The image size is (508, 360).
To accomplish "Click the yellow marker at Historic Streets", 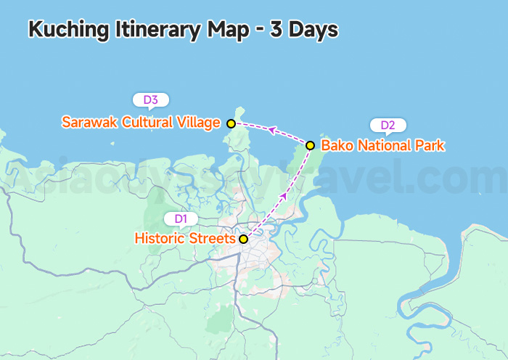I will (244, 239).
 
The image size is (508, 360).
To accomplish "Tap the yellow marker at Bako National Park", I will (310, 145).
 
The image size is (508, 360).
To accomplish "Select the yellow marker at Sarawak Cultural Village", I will (231, 124).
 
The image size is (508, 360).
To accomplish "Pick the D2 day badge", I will (388, 126).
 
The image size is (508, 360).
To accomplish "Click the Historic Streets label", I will (185, 238).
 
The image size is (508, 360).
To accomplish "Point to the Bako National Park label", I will (382, 145).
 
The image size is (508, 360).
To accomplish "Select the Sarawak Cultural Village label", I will (141, 123).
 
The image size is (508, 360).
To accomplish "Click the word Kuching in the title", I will (69, 30).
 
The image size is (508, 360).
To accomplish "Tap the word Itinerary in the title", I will (159, 30).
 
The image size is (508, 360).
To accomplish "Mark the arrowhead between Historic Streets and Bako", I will (283, 196).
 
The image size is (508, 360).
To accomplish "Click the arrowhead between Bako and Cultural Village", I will (271, 130).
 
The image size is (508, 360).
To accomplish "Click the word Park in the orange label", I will (430, 145).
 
